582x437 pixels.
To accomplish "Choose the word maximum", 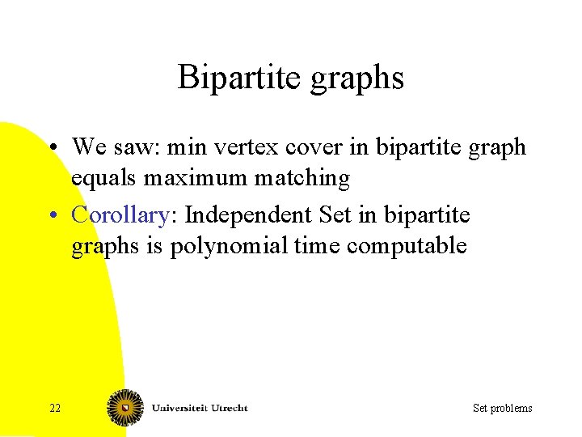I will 195,178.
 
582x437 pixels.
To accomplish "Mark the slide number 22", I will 54,408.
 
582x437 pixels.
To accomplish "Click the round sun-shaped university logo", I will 125,407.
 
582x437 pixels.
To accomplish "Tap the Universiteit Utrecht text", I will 200,407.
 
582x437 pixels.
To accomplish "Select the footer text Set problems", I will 502,408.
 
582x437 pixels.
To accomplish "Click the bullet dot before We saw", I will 51,148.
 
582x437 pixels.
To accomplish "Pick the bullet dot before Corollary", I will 51,216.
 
